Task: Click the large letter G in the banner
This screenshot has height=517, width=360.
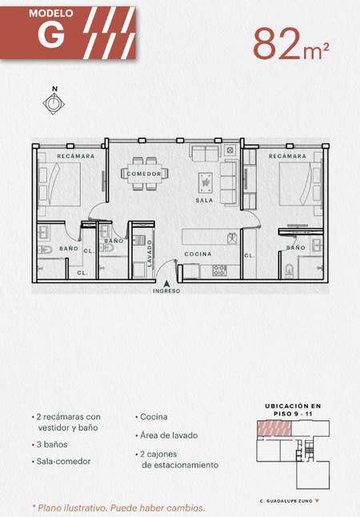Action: point(51,35)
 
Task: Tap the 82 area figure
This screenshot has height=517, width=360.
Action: point(277,43)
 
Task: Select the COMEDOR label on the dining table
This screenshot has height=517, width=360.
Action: point(144,174)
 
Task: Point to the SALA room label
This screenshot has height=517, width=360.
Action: point(204,200)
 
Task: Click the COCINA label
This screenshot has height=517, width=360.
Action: point(198,254)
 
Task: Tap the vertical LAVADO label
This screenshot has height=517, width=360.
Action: point(150,253)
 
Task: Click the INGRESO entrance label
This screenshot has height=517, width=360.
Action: point(166,291)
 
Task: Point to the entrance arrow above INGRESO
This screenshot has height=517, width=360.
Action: point(167,283)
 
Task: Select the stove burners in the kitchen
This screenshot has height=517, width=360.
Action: point(219,271)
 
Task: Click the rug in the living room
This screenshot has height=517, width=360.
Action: point(206,183)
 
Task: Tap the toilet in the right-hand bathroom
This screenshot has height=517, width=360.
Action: point(289,271)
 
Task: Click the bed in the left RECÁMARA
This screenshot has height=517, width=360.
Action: point(59,185)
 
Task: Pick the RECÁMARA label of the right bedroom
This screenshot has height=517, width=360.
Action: point(287,156)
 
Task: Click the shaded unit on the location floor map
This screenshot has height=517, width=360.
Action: point(274,428)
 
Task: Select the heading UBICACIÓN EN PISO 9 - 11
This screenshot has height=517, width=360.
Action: point(293,410)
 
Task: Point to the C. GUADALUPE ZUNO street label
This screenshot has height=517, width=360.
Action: point(286,501)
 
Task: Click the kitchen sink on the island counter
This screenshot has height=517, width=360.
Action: point(232,238)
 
